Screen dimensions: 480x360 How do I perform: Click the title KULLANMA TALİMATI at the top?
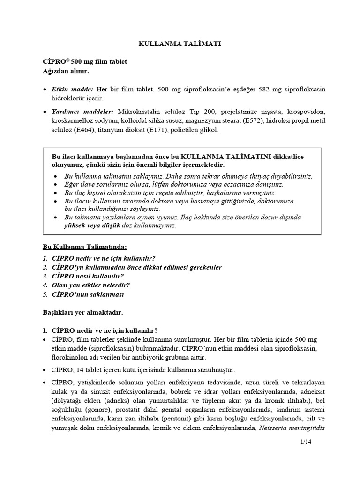[x=180, y=44]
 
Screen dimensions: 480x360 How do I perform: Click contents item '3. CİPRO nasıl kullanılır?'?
[x=82, y=276]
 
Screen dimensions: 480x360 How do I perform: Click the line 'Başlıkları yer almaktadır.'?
[x=83, y=312]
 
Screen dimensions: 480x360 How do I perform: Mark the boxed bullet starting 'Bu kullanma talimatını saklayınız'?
[x=187, y=176]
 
